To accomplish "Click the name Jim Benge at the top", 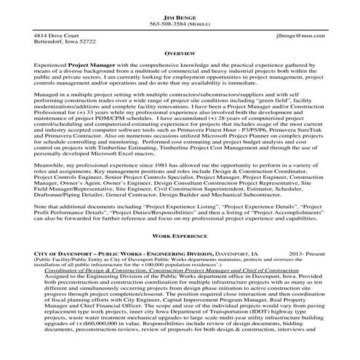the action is (180, 15).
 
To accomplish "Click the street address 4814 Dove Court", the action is (58, 36).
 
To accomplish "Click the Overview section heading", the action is (180, 54).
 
